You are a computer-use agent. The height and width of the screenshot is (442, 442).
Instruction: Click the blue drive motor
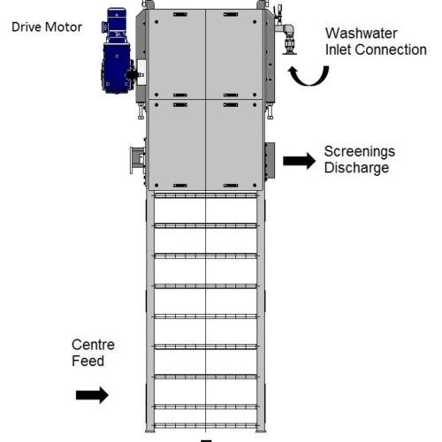click(x=118, y=51)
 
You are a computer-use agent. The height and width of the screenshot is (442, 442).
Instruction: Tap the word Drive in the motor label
click(x=27, y=27)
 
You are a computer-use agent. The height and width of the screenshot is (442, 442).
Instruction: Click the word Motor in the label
click(x=64, y=27)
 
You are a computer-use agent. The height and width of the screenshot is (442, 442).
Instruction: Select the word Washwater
click(x=362, y=34)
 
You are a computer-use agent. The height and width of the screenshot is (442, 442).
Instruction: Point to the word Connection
click(x=391, y=50)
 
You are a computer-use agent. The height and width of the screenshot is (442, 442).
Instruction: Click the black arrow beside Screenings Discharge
click(x=299, y=161)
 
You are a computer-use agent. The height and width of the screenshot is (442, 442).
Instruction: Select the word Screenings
click(x=360, y=152)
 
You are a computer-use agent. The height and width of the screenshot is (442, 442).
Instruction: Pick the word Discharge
click(x=356, y=168)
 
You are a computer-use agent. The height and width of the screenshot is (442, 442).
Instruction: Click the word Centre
click(x=93, y=345)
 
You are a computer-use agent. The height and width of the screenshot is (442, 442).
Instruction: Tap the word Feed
click(x=88, y=361)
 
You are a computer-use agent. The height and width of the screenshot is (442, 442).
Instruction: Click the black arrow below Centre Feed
click(x=92, y=395)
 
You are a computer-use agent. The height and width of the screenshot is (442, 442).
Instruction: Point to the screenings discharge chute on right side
click(x=270, y=161)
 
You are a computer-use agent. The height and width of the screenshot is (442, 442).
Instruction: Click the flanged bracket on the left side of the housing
click(x=137, y=161)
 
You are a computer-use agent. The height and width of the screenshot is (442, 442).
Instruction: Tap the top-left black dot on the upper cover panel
click(x=156, y=22)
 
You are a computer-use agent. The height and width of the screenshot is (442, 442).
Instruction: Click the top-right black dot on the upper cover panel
click(x=255, y=22)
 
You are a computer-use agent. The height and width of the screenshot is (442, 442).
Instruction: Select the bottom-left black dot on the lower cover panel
click(x=156, y=186)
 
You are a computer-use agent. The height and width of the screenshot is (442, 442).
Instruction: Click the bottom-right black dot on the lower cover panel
click(x=255, y=186)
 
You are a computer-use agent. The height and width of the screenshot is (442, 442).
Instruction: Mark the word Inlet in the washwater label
click(x=339, y=50)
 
